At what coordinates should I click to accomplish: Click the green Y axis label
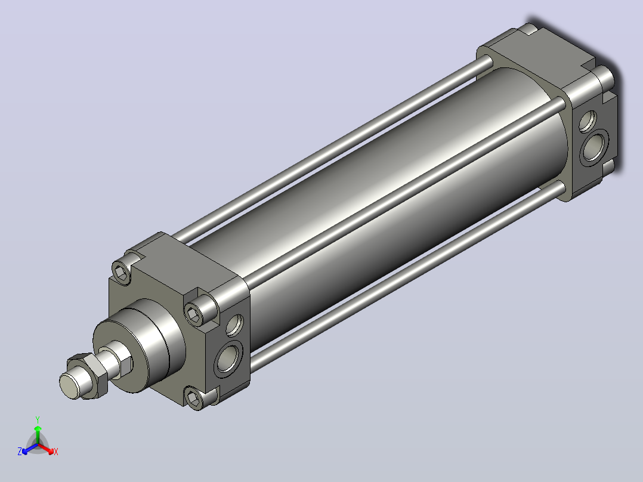click(x=38, y=419)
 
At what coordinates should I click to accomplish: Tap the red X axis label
click(x=56, y=452)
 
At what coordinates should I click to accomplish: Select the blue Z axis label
click(x=20, y=452)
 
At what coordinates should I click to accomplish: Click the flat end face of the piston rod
click(x=69, y=385)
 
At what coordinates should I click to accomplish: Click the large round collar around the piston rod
click(x=140, y=345)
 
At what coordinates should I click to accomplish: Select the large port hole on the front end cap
click(x=228, y=359)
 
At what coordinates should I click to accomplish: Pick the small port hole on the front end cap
click(x=234, y=325)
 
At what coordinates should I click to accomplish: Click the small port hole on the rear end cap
click(x=588, y=121)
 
